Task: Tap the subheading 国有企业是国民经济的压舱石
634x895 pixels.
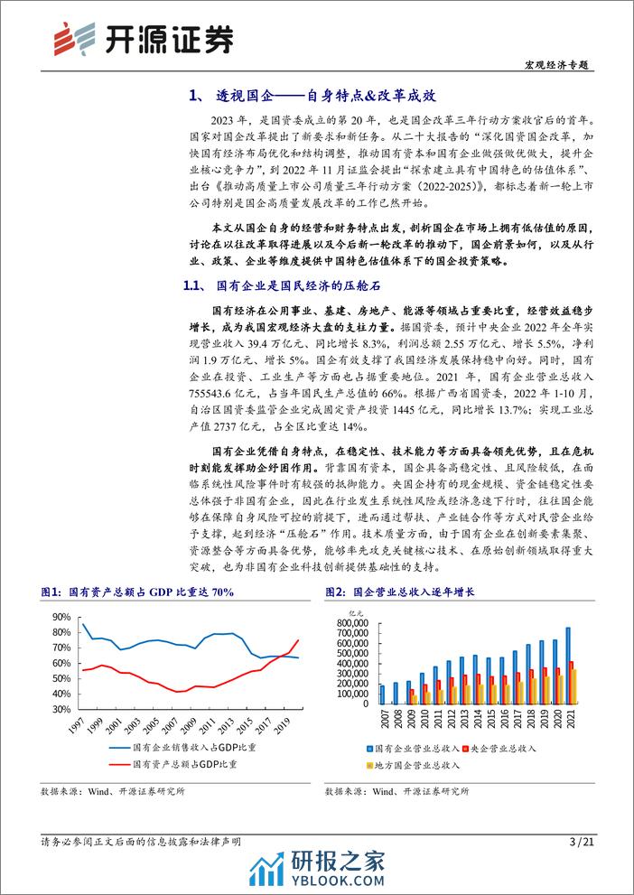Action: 297,286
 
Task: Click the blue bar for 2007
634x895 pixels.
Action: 357,694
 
